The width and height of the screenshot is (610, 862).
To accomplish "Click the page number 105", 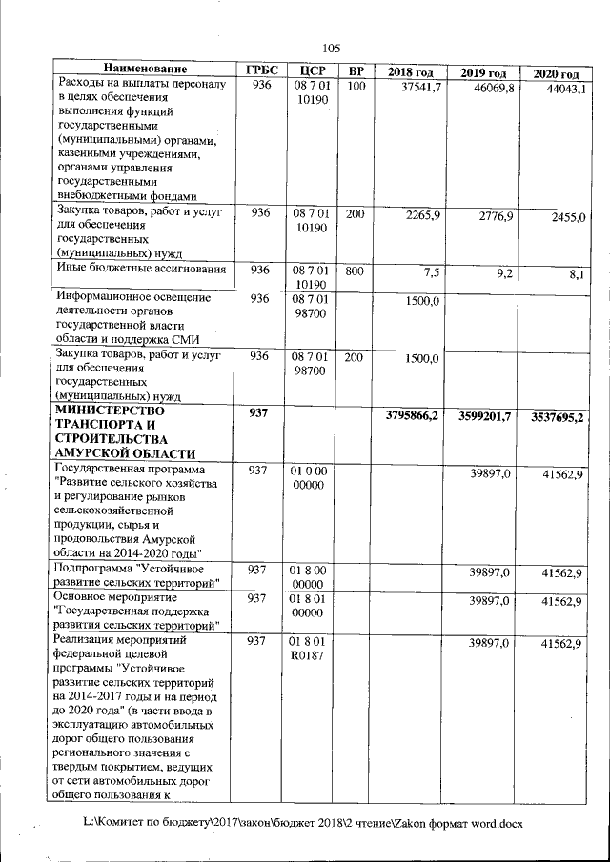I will [x=332, y=49].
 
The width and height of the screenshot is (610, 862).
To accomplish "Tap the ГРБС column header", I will [x=260, y=71].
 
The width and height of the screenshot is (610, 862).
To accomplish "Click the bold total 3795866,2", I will [x=412, y=415].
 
